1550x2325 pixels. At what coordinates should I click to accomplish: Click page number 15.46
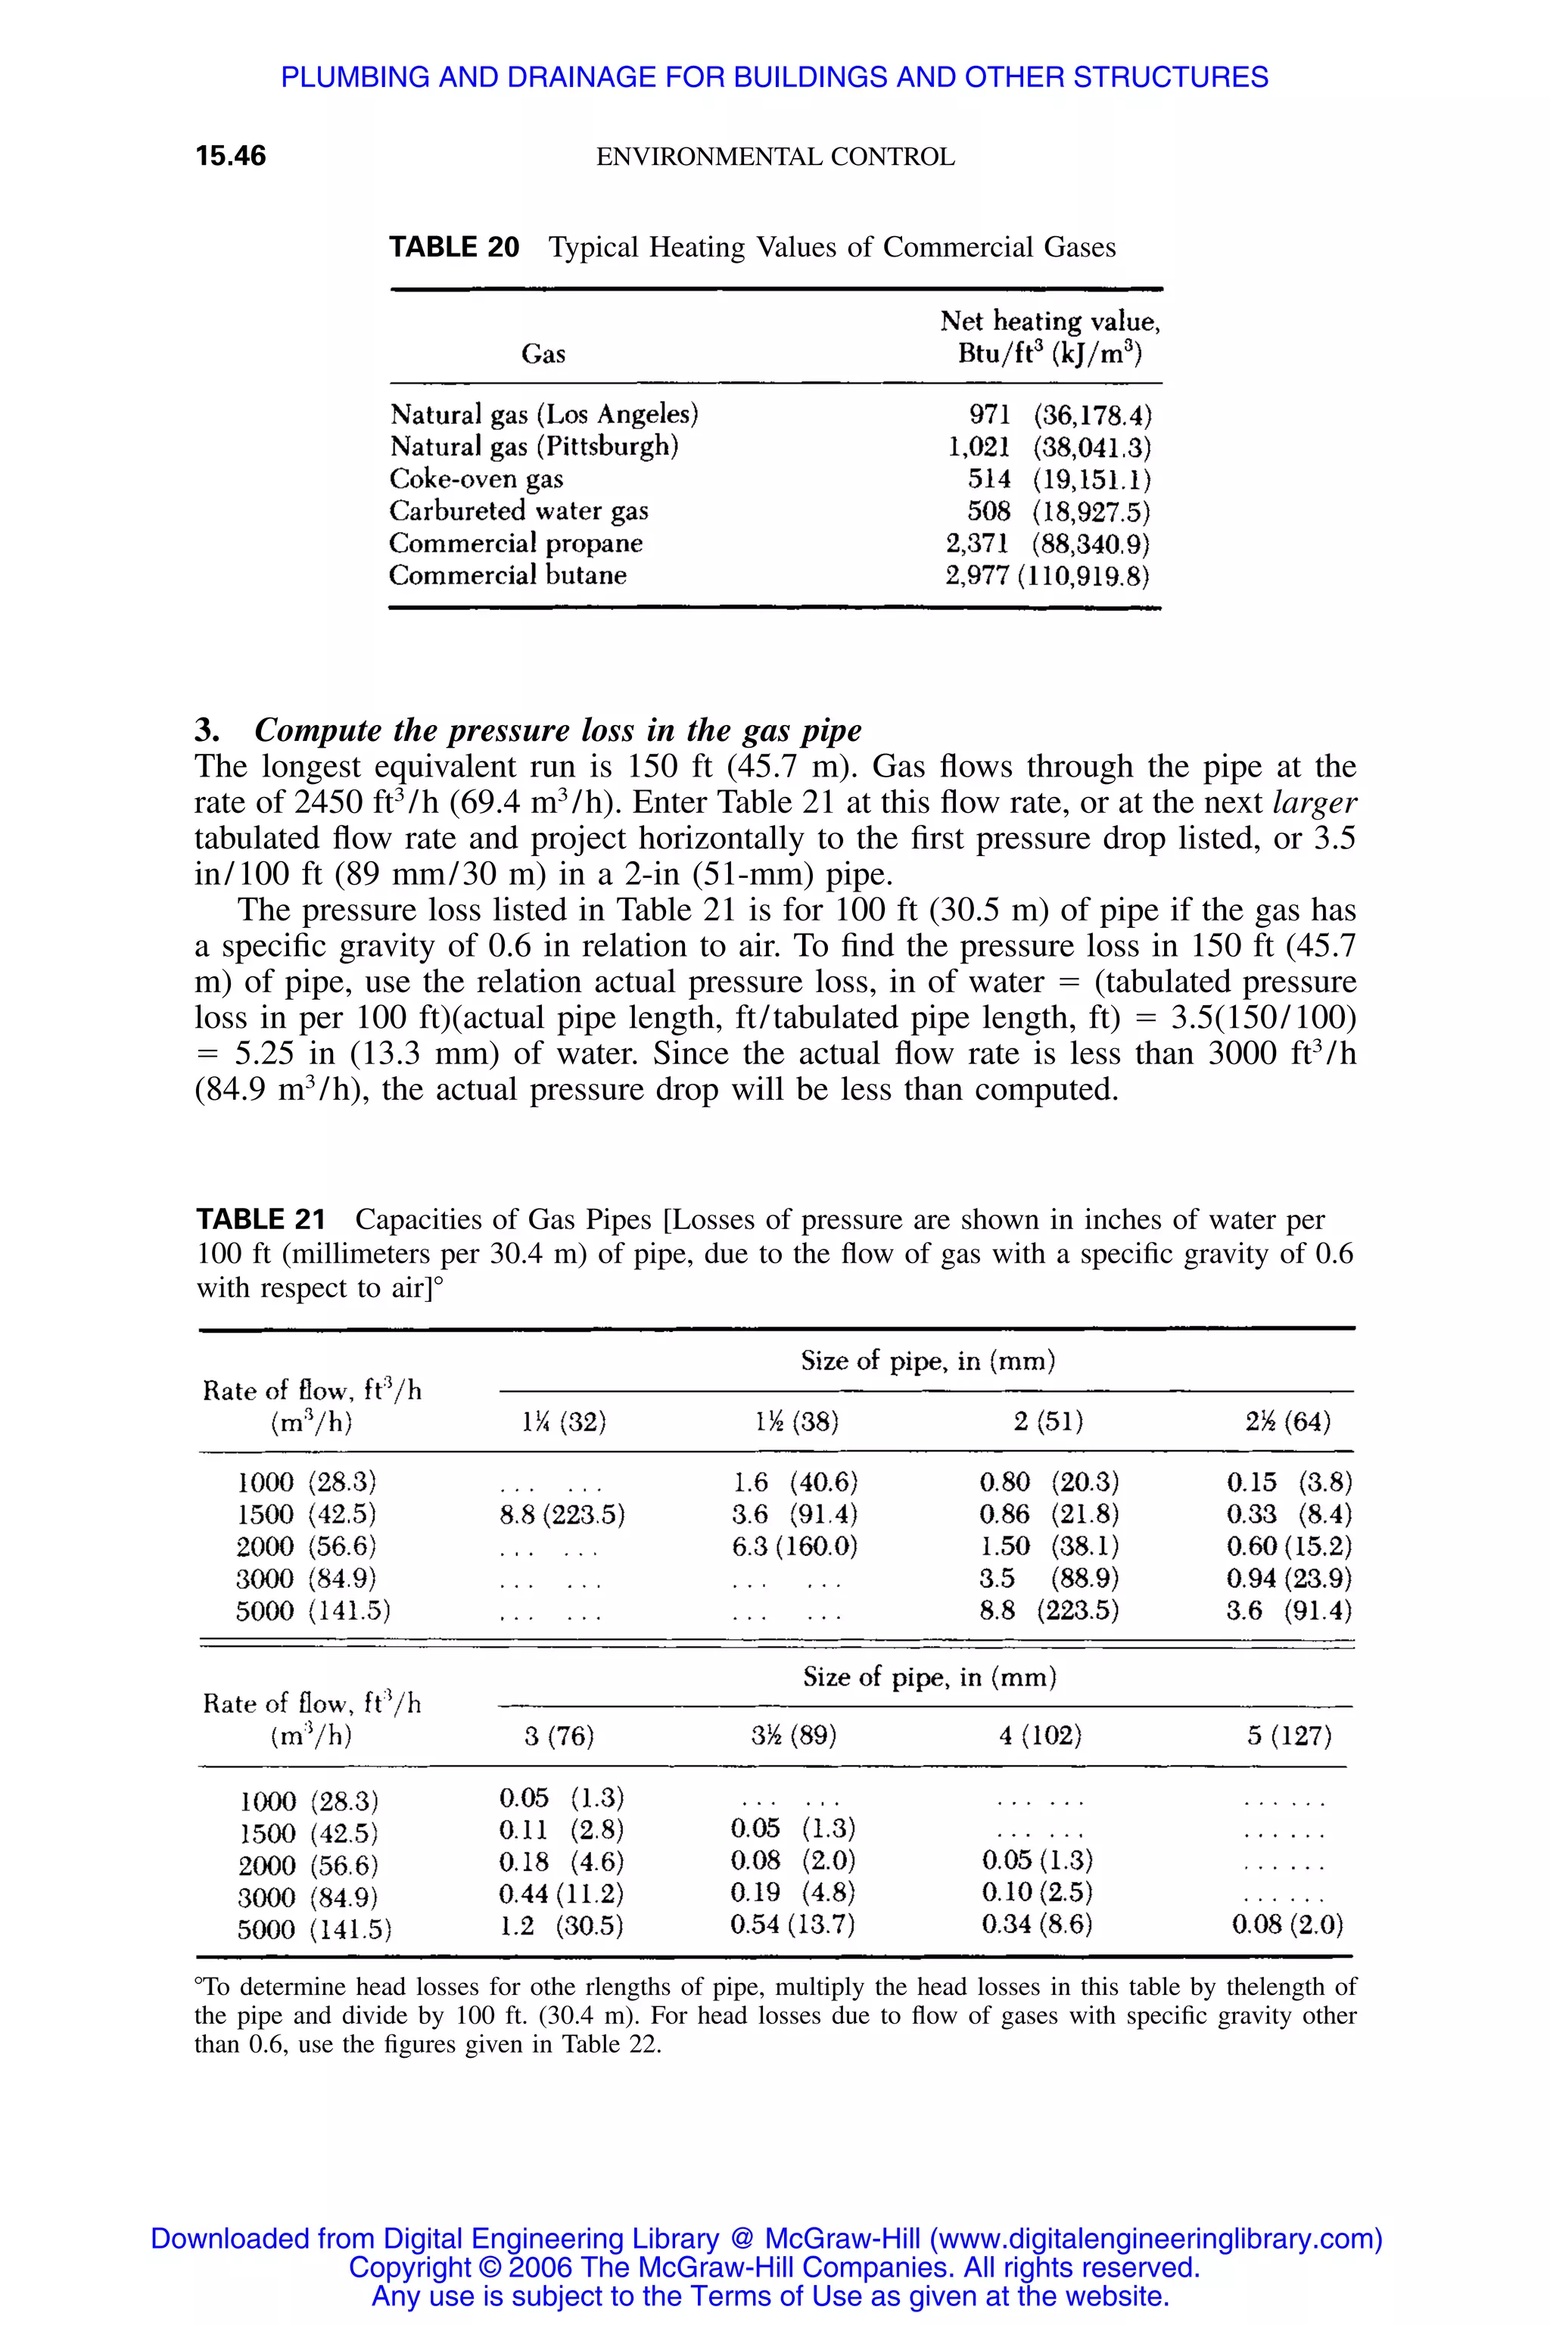230,156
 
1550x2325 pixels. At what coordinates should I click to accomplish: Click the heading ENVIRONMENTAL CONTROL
775,157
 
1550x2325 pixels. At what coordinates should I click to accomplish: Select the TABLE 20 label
454,247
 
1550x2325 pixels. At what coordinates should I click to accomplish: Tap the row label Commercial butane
507,575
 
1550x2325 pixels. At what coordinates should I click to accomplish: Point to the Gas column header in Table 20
543,354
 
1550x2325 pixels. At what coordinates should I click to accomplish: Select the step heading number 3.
206,730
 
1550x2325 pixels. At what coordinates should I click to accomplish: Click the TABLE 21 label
260,1220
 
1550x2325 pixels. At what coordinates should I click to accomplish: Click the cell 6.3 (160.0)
795,1547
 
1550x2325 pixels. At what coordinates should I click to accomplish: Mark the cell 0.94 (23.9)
1289,1579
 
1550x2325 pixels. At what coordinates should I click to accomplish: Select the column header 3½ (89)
794,1736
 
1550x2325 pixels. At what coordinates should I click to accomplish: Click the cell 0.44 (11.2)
562,1894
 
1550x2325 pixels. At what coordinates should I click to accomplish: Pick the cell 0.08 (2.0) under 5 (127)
1287,1925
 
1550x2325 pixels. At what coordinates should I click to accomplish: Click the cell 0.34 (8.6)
1037,1925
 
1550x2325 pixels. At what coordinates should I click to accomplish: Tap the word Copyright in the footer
409,2267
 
